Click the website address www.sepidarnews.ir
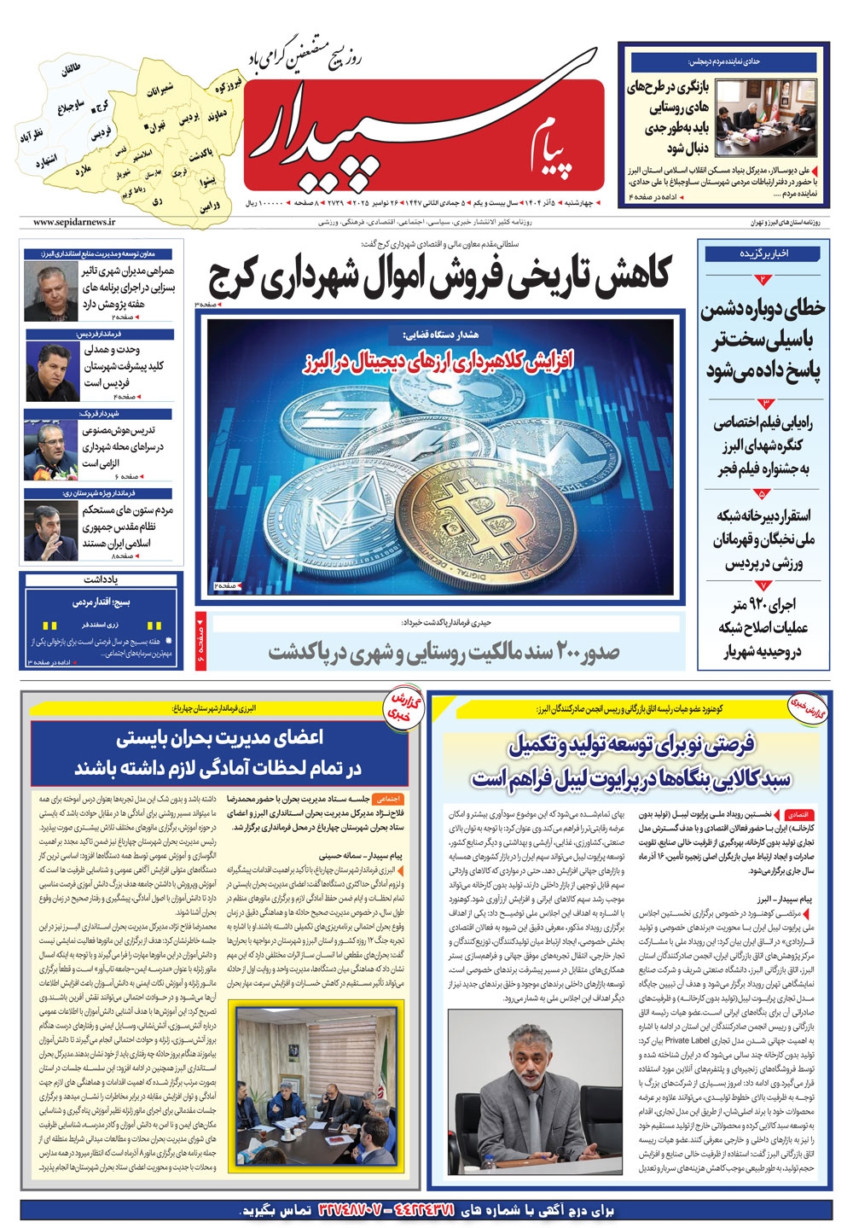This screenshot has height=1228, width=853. coord(74,222)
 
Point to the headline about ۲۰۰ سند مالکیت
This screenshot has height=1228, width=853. coord(444,653)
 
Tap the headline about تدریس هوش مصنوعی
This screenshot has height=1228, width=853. coord(123,446)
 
